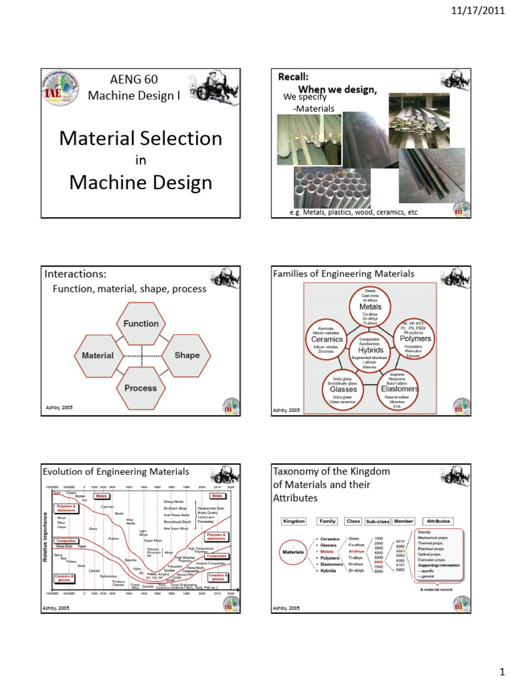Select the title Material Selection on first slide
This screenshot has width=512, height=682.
pos(141,138)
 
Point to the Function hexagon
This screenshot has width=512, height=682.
pos(141,324)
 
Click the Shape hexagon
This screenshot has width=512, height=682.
pos(187,355)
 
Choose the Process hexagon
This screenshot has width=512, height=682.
pos(141,388)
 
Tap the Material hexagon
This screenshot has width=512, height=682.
pos(97,356)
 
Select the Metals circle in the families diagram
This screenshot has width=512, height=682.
pos(371,306)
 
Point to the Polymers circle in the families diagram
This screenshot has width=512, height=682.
pos(415,338)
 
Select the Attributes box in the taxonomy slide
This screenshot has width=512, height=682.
pos(438,521)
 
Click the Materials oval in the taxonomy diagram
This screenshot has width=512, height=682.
pos(294,552)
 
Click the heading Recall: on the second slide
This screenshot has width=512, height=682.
pos(293,77)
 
